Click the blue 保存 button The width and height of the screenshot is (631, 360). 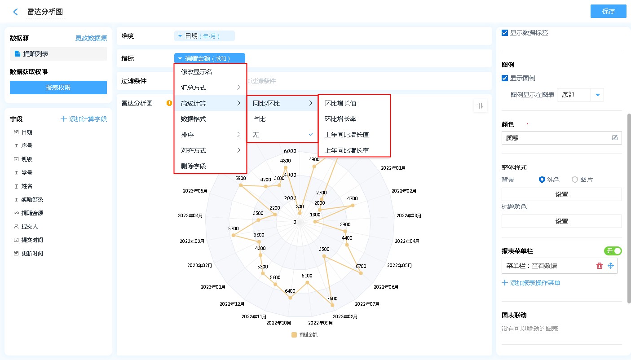(x=608, y=12)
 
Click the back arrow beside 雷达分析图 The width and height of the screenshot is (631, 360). (x=16, y=12)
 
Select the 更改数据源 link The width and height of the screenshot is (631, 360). (x=91, y=39)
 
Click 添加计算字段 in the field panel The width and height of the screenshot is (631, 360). (x=84, y=119)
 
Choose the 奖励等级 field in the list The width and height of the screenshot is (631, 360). (x=32, y=200)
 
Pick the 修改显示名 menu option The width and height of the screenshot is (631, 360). (x=196, y=72)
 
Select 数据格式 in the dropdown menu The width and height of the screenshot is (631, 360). (x=194, y=119)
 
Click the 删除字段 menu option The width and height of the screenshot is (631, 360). (x=194, y=166)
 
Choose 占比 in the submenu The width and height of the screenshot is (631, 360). (x=259, y=119)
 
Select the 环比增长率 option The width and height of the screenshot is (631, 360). (x=340, y=119)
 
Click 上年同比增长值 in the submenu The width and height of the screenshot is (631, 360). (x=347, y=135)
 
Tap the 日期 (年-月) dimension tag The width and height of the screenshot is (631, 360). (x=204, y=36)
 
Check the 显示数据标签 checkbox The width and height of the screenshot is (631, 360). (x=505, y=33)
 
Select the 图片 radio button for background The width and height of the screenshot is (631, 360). (x=575, y=180)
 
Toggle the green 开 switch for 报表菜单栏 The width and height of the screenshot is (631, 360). (x=613, y=251)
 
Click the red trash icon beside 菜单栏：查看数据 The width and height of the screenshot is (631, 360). (x=599, y=266)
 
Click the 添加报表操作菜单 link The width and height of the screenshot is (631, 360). (x=531, y=283)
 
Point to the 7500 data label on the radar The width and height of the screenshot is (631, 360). (x=332, y=299)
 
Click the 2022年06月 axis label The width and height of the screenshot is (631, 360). (x=386, y=287)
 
